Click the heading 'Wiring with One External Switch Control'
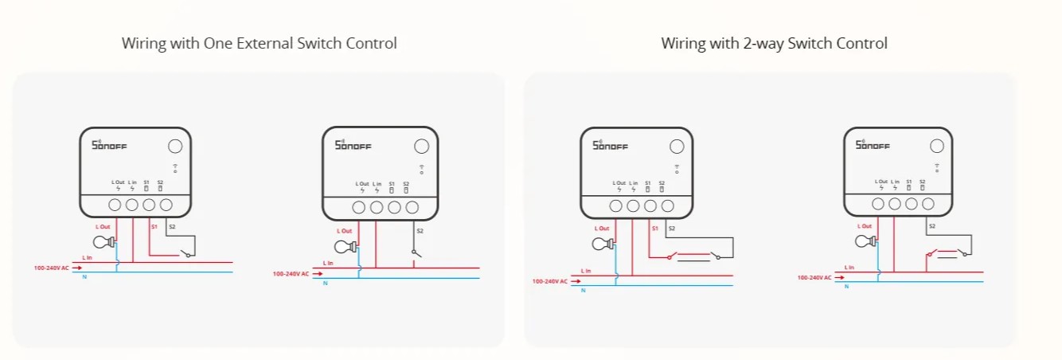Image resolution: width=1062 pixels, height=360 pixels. [x=259, y=43]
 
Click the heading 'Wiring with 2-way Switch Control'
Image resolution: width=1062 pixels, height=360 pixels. [x=774, y=43]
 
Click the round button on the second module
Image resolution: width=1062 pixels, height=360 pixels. [x=422, y=147]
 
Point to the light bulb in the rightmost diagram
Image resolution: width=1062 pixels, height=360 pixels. [x=865, y=241]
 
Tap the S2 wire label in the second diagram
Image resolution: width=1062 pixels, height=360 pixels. [x=420, y=231]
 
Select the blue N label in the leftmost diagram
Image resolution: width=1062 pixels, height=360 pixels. [x=84, y=276]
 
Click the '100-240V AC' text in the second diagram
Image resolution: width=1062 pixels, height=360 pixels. [x=291, y=274]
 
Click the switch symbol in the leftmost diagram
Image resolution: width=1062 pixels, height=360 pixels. [x=185, y=253]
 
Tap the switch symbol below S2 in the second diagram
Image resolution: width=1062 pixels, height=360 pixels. [x=414, y=252]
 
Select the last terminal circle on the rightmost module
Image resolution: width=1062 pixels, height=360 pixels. [x=928, y=204]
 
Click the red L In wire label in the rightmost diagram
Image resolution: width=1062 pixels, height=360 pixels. [x=849, y=267]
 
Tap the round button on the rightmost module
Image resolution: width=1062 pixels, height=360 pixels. [x=937, y=146]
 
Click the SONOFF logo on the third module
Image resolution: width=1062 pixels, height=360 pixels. [x=611, y=145]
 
